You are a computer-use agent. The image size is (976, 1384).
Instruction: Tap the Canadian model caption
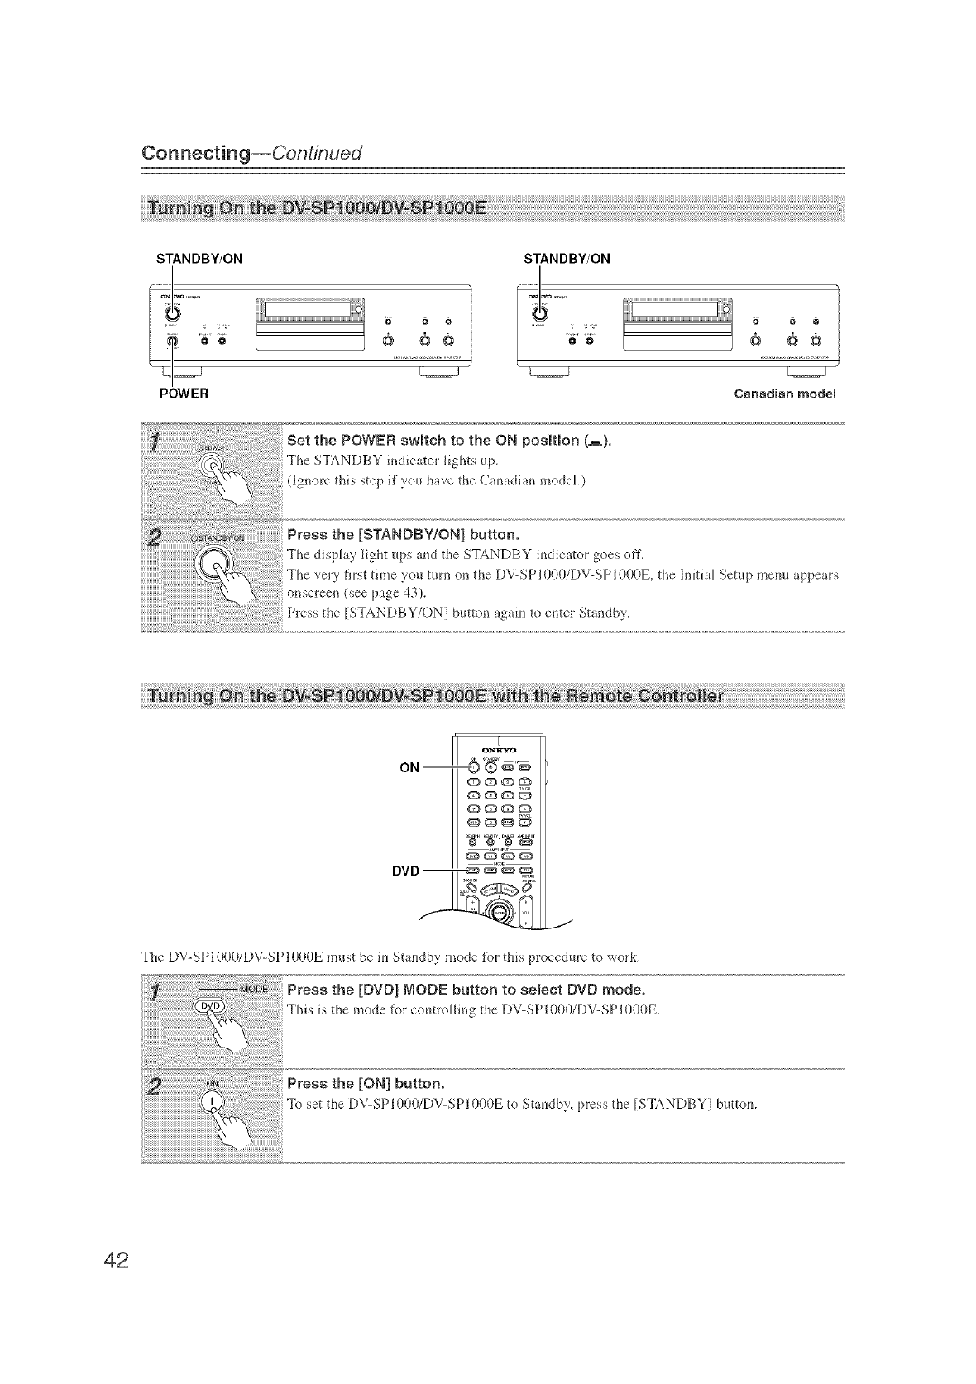click(785, 393)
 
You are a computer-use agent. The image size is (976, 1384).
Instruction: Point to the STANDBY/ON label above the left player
click(199, 258)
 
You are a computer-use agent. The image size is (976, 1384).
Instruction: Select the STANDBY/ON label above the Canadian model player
click(567, 258)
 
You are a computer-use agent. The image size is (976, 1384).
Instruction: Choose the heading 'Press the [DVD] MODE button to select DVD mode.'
click(465, 990)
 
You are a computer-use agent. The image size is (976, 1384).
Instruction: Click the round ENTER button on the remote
click(496, 911)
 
